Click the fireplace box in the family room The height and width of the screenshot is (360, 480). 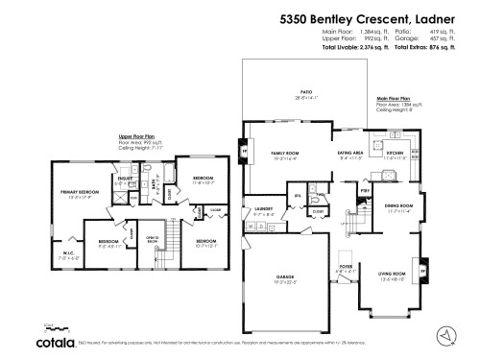(244, 152)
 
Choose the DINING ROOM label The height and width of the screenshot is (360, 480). (398, 205)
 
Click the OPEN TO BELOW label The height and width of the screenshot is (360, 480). (151, 239)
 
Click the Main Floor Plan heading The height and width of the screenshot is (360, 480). (394, 97)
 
